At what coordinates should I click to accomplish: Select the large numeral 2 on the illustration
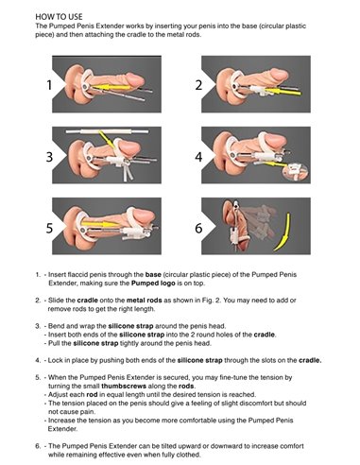pos(197,85)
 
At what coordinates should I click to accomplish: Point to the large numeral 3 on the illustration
pos(44,155)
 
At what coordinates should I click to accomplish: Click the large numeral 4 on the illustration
pos(197,155)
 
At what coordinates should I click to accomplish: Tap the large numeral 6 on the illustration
pos(197,229)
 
